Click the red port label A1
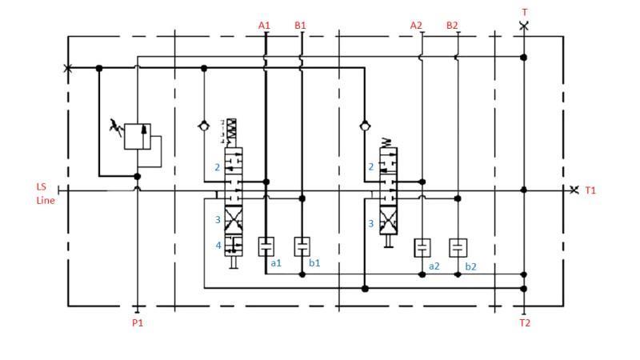point(264,26)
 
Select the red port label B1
point(300,26)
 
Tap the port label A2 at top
point(416,26)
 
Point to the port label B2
point(452,26)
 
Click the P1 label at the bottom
point(138,323)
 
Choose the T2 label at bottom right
point(525,323)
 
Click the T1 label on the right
point(590,190)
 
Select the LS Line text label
point(44,194)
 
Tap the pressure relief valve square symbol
point(138,136)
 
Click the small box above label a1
point(266,246)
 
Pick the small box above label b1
point(302,246)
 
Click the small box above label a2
point(422,247)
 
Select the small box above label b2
point(457,247)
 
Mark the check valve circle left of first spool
point(204,126)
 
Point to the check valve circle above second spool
point(364,126)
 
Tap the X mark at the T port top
point(524,26)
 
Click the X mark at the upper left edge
point(67,69)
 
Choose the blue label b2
point(470,266)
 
